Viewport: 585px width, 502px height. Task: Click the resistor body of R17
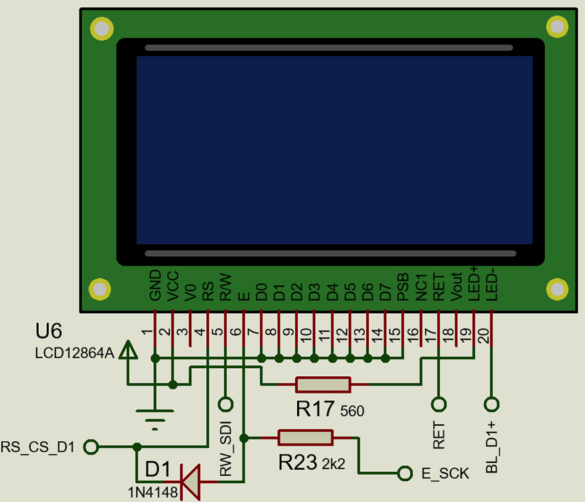coord(323,385)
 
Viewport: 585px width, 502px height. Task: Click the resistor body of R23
coord(305,438)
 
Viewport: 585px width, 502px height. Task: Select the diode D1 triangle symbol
coord(191,481)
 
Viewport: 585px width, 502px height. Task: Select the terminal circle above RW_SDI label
coord(226,404)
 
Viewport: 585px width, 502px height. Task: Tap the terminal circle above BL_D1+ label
coord(492,404)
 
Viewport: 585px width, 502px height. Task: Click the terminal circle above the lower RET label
coord(438,404)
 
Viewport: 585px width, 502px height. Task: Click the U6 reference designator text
coord(49,331)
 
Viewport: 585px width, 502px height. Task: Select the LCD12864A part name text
coord(74,351)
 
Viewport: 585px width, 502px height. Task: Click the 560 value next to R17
coord(352,411)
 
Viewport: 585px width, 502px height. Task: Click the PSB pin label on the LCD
coord(402,286)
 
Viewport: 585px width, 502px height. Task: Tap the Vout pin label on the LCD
coord(456,286)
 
